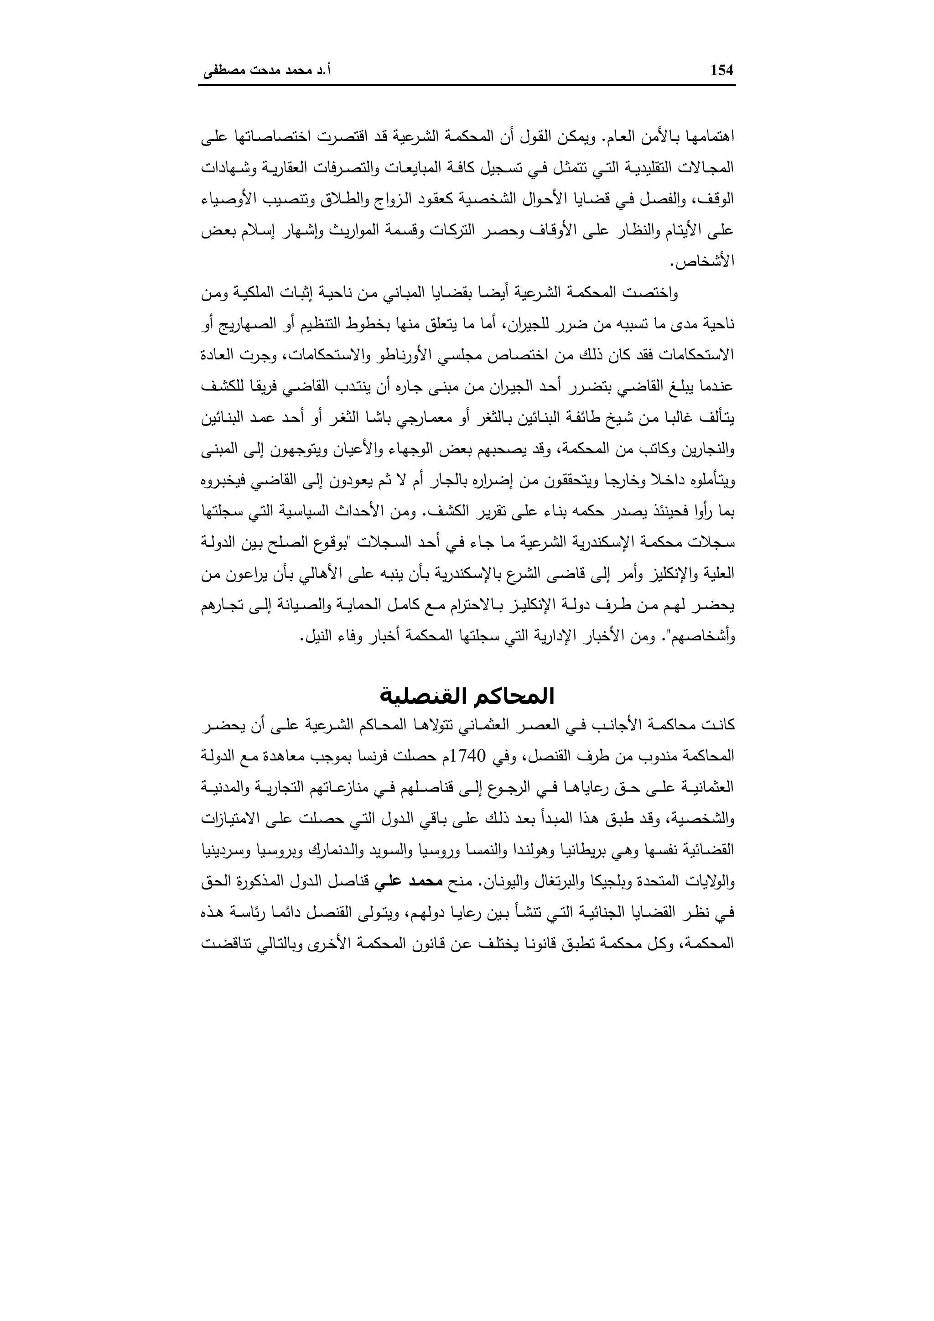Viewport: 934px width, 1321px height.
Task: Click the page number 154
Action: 722,71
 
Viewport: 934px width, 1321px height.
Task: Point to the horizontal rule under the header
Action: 467,86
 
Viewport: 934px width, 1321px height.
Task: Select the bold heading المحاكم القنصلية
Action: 467,697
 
